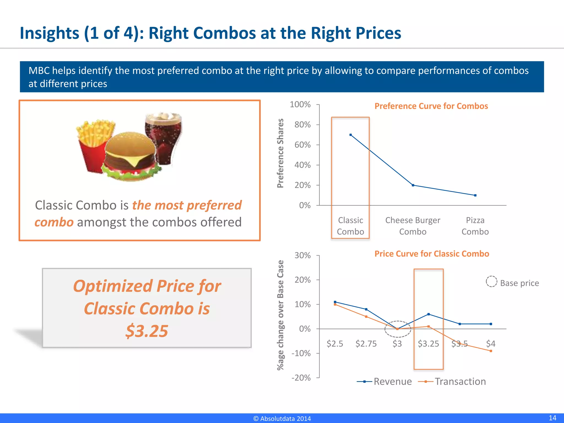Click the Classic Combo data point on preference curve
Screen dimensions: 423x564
click(x=351, y=135)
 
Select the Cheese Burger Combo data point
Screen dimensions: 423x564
click(x=413, y=185)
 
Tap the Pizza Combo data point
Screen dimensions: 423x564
click(x=475, y=195)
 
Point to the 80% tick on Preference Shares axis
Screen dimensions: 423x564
click(x=302, y=125)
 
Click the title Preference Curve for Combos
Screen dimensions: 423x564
click(x=431, y=106)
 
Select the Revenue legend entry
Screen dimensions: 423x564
click(x=384, y=381)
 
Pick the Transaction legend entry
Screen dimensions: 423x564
click(x=452, y=381)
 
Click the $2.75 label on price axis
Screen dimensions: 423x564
click(x=366, y=344)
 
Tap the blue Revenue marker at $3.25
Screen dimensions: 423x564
click(x=429, y=314)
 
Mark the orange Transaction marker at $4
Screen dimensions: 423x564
click(x=491, y=351)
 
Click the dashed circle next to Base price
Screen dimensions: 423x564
click(x=491, y=281)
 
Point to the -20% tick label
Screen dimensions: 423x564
click(x=301, y=378)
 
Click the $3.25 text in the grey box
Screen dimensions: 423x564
click(x=147, y=331)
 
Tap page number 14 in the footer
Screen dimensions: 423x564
click(x=552, y=418)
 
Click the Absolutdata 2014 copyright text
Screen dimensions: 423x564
click(x=282, y=419)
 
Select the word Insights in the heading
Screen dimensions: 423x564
click(x=50, y=33)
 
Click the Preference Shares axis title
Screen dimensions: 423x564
click(x=280, y=153)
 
